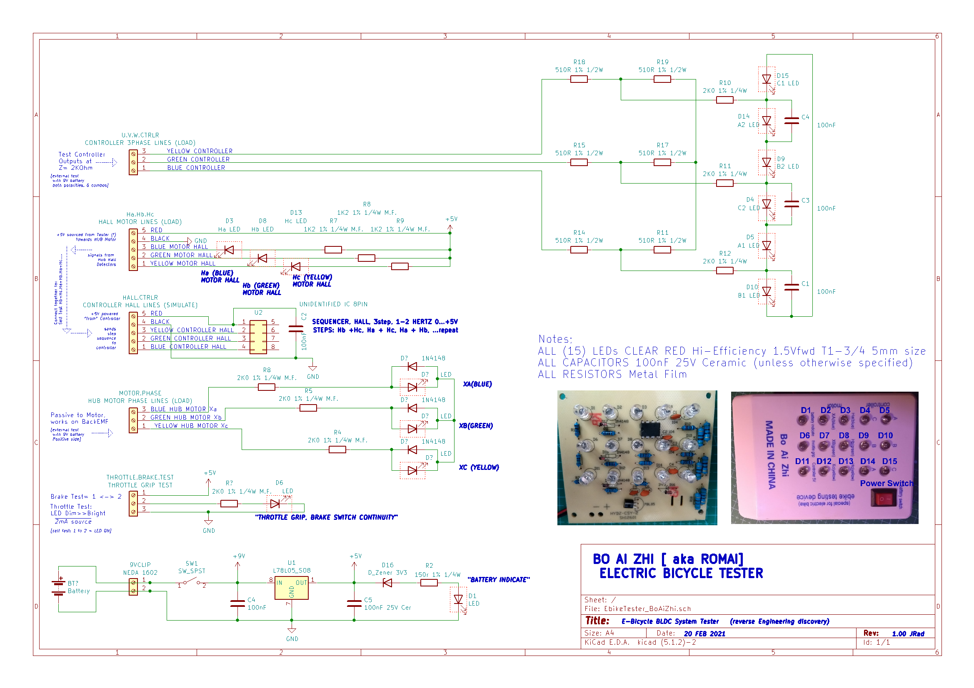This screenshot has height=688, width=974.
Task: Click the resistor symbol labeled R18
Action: tap(579, 79)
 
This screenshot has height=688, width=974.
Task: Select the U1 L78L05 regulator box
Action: tap(292, 588)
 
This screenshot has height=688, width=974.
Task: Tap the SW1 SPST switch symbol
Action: tap(192, 583)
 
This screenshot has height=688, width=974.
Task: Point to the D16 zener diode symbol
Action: tap(387, 583)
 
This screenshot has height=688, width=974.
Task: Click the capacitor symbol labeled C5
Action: tap(354, 603)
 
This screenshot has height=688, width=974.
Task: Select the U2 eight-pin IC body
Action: tap(258, 337)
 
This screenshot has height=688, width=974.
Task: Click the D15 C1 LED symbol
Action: tap(766, 79)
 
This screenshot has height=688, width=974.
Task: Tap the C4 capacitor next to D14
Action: tap(792, 121)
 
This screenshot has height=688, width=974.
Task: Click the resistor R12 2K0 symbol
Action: tap(724, 271)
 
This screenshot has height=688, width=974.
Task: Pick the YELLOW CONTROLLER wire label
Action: tap(200, 151)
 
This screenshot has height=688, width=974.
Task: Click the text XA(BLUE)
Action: tap(477, 384)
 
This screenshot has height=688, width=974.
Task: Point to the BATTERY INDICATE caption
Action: tap(498, 579)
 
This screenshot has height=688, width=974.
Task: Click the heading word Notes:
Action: tap(555, 339)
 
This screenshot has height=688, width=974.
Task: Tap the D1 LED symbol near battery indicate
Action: tap(458, 599)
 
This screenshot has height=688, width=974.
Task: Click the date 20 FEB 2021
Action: tap(704, 633)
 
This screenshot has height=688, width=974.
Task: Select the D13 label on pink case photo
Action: tap(845, 461)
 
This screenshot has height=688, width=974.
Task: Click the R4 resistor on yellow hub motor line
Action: tap(337, 450)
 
